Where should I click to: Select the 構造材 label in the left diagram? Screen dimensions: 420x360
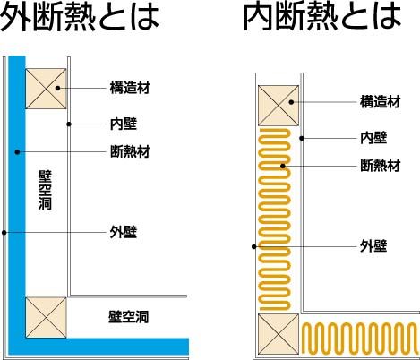pyautogui.click(x=130, y=88)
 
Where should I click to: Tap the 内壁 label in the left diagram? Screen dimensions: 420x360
pyautogui.click(x=124, y=124)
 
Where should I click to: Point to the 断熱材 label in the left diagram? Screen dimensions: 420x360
pyautogui.click(x=130, y=151)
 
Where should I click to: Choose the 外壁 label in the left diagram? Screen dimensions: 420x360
pyautogui.click(x=124, y=232)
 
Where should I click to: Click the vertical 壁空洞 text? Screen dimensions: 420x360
pyautogui.click(x=45, y=190)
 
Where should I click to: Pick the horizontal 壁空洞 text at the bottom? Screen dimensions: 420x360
pyautogui.click(x=128, y=317)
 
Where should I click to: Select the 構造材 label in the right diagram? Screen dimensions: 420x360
pyautogui.click(x=380, y=102)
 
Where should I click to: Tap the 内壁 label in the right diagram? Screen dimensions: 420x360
pyautogui.click(x=373, y=138)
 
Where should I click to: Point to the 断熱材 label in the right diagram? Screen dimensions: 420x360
pyautogui.click(x=380, y=166)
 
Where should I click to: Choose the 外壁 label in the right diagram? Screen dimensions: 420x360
pyautogui.click(x=373, y=246)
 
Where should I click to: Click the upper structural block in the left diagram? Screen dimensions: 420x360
pyautogui.click(x=46, y=89)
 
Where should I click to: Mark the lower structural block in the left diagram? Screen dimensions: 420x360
pyautogui.click(x=46, y=318)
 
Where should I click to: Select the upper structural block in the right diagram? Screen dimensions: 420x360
pyautogui.click(x=279, y=106)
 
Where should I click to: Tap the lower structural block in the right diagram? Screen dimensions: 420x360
pyautogui.click(x=279, y=334)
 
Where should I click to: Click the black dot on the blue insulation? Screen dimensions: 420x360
pyautogui.click(x=17, y=152)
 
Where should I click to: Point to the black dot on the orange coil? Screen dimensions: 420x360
pyautogui.click(x=283, y=166)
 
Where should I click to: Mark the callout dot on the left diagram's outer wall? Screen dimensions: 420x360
pyautogui.click(x=4, y=232)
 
